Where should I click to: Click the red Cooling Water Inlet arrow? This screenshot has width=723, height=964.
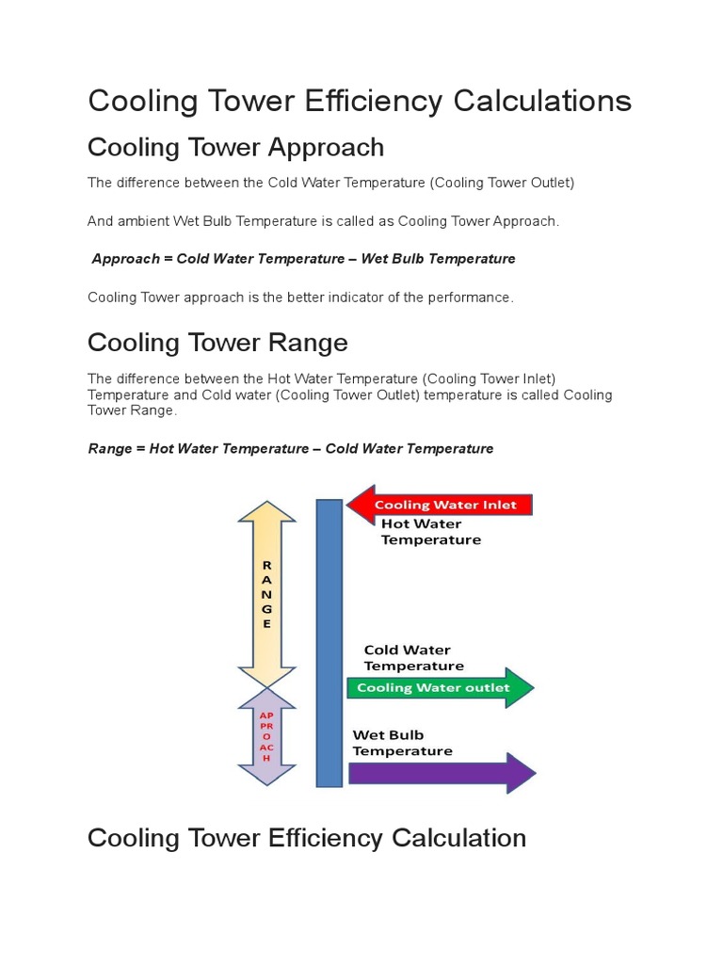coord(441,505)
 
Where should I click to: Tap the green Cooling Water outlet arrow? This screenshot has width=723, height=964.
coord(441,687)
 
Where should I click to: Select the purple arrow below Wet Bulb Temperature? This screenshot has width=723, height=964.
coord(441,773)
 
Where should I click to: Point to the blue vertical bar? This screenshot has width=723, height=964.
coord(329,642)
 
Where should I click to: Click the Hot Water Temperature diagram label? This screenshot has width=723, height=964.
coord(430,532)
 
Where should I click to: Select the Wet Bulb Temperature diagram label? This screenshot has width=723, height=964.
coord(402,743)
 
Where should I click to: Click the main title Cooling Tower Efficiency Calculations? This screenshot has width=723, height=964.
coord(360,101)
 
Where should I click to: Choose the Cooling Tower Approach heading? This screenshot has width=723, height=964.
coord(235,147)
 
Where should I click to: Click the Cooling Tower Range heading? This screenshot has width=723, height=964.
coord(217,342)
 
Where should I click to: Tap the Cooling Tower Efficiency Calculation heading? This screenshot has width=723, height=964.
coord(306,837)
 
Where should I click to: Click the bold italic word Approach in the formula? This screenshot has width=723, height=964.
coord(126,259)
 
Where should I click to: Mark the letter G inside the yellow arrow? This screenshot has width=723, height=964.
coord(266,609)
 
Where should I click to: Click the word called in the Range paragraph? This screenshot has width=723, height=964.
coord(538,395)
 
